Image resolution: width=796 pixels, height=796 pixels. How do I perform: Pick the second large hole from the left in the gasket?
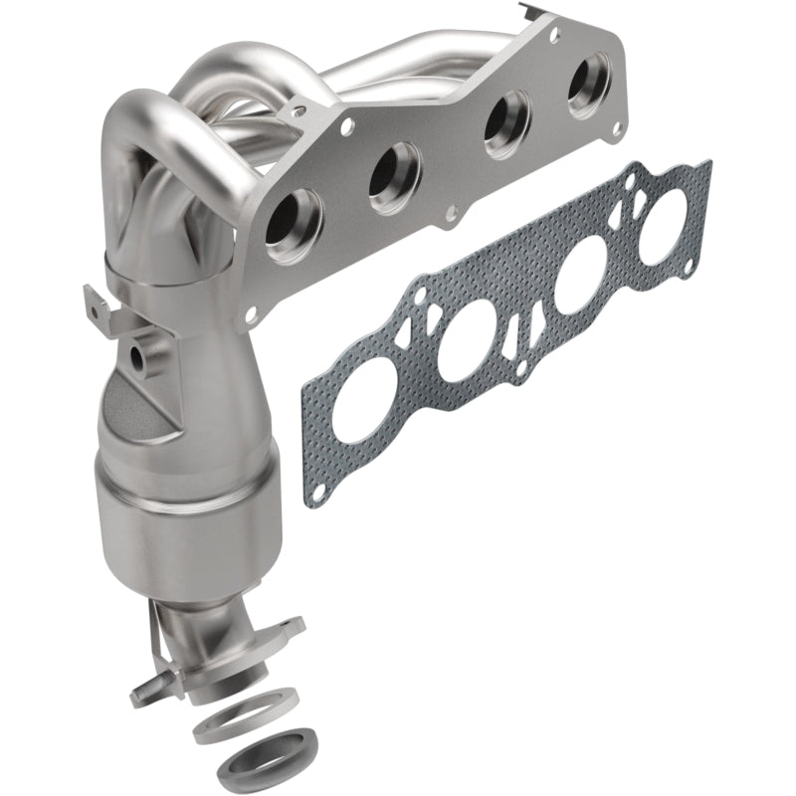(467, 344)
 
